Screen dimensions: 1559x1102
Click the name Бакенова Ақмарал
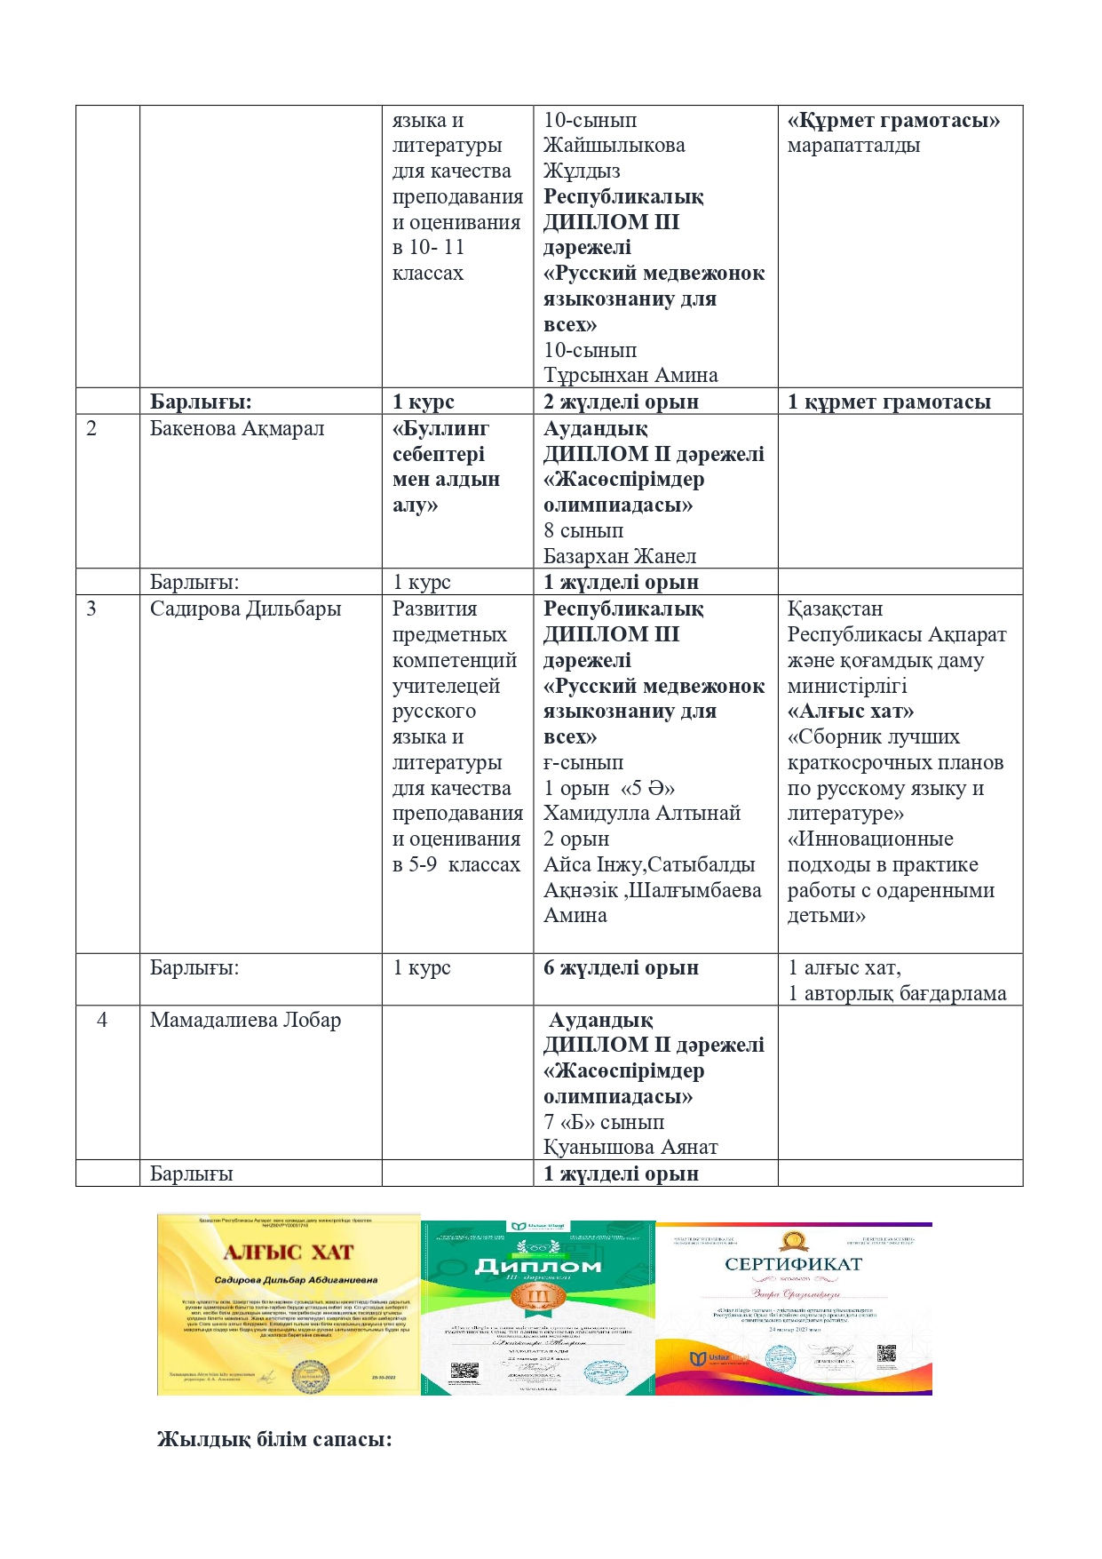236,428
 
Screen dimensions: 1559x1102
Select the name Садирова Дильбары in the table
245,608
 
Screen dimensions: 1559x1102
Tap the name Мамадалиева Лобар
245,1020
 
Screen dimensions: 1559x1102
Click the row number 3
91,608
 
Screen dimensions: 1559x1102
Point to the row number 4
102,1020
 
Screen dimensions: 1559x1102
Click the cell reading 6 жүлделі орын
621,967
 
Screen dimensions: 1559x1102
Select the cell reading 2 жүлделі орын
621,402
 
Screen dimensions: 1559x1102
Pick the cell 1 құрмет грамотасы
889,402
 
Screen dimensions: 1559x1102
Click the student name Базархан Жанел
620,556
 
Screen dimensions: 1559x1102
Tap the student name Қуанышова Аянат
630,1147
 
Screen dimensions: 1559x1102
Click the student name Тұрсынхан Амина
630,375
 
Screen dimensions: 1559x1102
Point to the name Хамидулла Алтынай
642,813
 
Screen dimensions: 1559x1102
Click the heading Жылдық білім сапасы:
274,1439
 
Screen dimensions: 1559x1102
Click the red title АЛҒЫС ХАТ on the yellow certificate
289,1253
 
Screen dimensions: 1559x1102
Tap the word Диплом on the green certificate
538,1266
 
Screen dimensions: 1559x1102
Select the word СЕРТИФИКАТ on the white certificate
793,1264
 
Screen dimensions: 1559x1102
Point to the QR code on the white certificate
885,1353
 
